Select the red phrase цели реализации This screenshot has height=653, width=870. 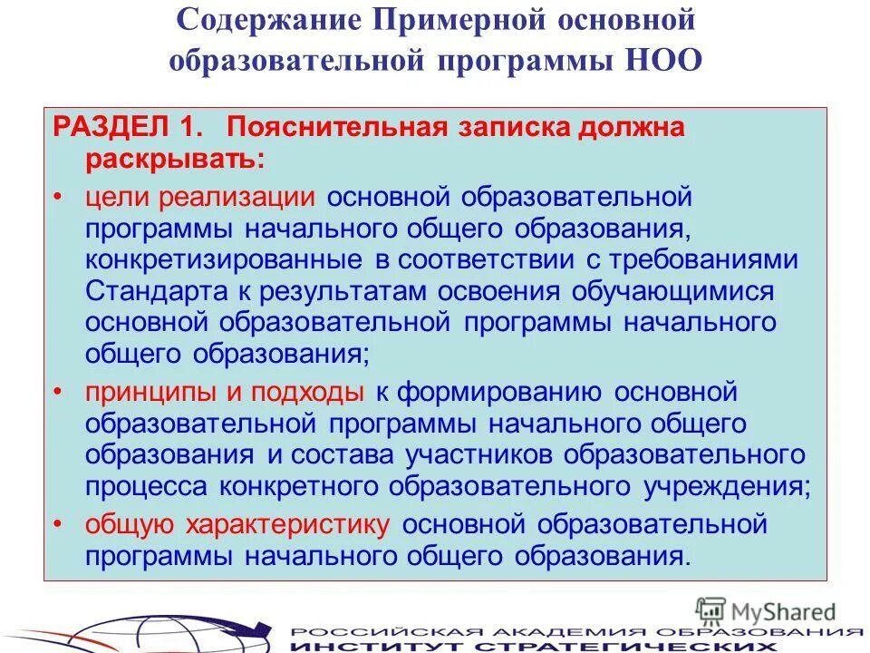coord(200,197)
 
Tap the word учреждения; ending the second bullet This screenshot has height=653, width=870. coord(725,486)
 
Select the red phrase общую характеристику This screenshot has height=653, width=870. coord(238,525)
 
